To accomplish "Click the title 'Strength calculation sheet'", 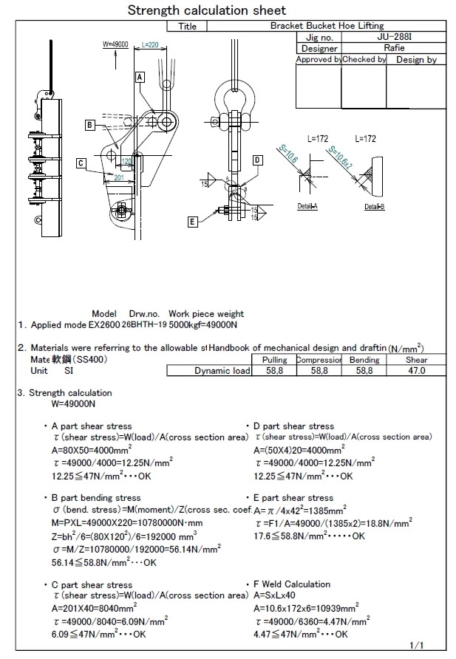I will click(207, 10).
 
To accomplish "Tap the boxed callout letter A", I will click(139, 76).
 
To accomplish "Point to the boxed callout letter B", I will click(89, 125).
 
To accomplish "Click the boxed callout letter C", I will click(81, 163).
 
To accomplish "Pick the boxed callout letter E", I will click(193, 221).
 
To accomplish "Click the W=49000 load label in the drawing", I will click(116, 45).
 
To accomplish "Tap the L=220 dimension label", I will click(150, 45).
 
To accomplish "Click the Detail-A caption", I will click(307, 206).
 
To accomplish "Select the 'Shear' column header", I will click(416, 360).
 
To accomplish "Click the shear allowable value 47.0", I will click(416, 371).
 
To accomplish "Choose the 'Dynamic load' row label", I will click(222, 371).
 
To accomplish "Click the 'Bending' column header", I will click(364, 360).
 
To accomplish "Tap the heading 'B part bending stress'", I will click(92, 498).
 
